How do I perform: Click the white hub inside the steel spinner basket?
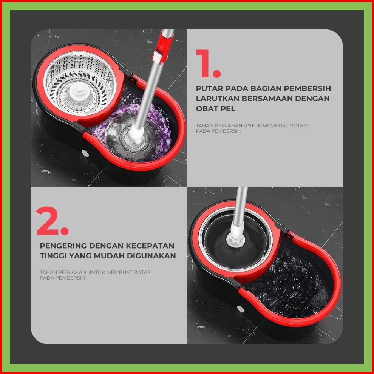[x=78, y=91]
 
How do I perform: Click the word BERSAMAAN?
[x=267, y=99]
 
